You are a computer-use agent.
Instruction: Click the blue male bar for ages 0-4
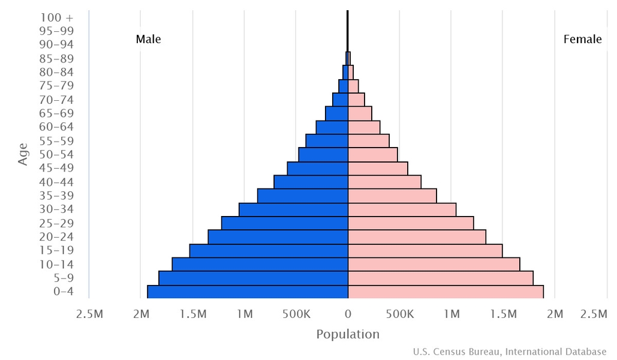click(248, 292)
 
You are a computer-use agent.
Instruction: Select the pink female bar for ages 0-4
click(446, 292)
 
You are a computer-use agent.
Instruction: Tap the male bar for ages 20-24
click(278, 237)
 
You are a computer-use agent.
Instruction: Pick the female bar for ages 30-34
click(402, 209)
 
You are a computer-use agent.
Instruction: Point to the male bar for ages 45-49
click(318, 168)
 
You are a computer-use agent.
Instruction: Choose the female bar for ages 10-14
click(434, 264)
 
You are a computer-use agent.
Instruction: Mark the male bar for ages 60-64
click(332, 127)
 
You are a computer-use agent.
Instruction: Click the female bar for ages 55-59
click(369, 140)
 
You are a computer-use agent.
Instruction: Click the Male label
click(148, 40)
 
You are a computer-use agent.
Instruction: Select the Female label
click(582, 40)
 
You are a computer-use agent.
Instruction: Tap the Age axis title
click(23, 154)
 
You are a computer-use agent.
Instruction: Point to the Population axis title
click(348, 334)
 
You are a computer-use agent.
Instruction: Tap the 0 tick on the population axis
click(348, 314)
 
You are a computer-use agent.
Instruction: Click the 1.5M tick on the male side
click(192, 314)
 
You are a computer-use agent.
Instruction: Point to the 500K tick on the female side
click(400, 314)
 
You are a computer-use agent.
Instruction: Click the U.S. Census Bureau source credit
click(510, 352)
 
